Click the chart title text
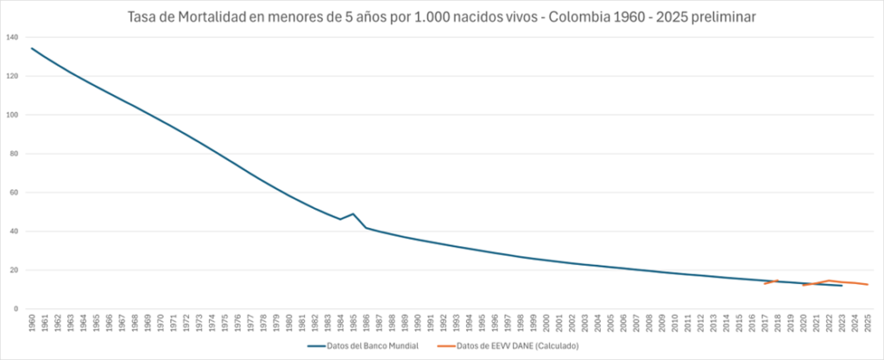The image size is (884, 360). (441, 17)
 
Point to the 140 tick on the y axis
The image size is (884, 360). (11, 37)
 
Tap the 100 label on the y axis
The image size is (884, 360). (11, 115)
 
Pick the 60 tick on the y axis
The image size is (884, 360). (13, 193)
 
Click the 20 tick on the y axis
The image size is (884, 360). (13, 270)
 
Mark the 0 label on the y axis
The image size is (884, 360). (16, 309)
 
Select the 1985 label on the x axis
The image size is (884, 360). (354, 324)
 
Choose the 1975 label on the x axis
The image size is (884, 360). (225, 324)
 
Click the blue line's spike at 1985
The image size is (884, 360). (354, 214)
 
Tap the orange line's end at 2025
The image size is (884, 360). (868, 284)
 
